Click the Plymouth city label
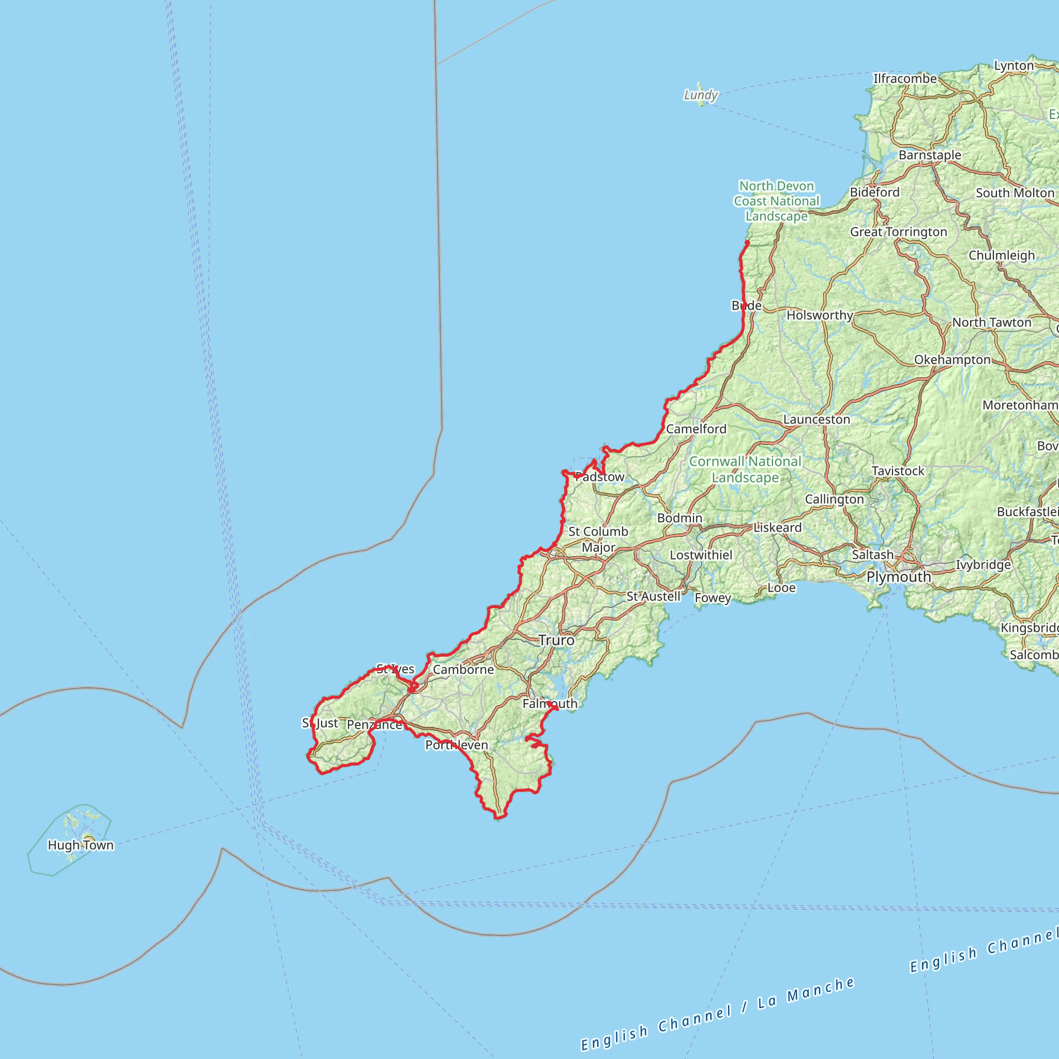[898, 577]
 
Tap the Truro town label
[556, 640]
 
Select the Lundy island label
[701, 95]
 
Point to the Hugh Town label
[81, 845]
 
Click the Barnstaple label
[930, 155]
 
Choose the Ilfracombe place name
[905, 79]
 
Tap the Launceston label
[816, 419]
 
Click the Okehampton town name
[952, 359]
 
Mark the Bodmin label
[679, 518]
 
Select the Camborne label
[463, 669]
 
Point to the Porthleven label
[457, 745]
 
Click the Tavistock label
[898, 471]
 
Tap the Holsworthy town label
[820, 315]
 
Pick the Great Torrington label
[898, 232]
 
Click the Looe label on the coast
[781, 587]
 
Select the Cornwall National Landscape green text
[745, 469]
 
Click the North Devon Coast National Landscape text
[776, 201]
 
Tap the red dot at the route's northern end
[747, 243]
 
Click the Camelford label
[696, 429]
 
